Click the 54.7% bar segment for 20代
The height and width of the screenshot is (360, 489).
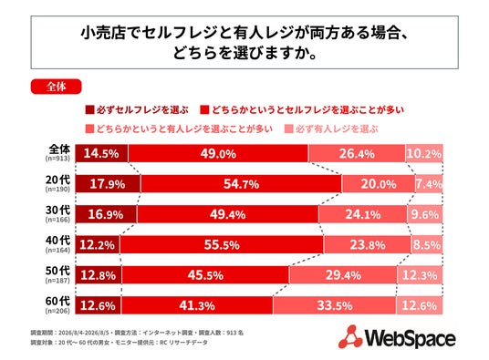coord(241,184)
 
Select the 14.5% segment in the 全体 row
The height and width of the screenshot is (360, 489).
coord(101,153)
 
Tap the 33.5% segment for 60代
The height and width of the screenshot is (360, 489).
coord(335,305)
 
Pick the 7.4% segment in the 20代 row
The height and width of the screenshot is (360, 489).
coord(429,184)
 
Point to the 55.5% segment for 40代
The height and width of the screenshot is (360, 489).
coord(222,245)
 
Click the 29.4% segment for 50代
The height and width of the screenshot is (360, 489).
coord(343,275)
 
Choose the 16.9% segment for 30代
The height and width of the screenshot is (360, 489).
coord(106,214)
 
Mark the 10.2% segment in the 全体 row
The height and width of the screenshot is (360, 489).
coord(424,153)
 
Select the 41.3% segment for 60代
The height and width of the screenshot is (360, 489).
coord(197,305)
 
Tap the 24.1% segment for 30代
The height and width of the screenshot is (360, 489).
coord(363,214)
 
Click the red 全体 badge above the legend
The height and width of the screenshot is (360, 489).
coord(57,87)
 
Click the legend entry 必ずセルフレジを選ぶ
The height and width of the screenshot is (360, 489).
coord(137,110)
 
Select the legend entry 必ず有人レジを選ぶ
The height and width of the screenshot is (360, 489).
coord(331,129)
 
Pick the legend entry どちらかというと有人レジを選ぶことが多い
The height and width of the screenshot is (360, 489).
coord(179,129)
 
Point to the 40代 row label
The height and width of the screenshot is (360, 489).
coord(58,241)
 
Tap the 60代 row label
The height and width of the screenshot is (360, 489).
coord(58,301)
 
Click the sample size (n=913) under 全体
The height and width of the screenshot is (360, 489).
coord(57,159)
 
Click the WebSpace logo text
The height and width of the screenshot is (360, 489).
coord(411,338)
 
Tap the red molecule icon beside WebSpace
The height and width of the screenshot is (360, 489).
coord(350,336)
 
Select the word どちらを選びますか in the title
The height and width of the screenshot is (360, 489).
coord(244,53)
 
